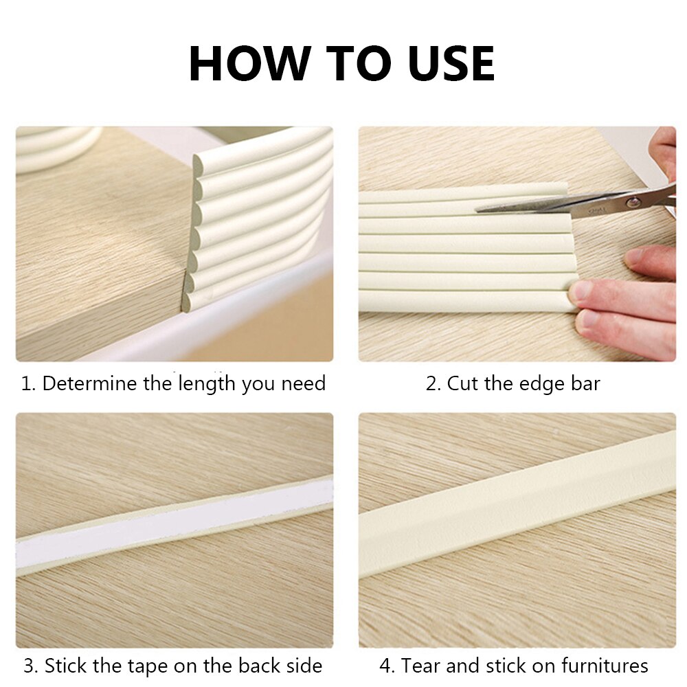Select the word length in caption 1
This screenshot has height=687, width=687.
coord(207,383)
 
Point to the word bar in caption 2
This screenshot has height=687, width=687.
coord(584,383)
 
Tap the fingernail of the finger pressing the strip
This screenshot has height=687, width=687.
coord(581,290)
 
